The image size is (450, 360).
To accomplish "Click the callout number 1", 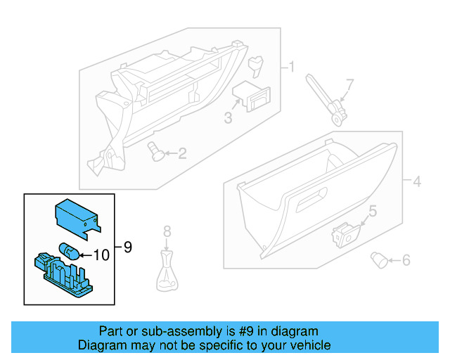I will [x=291, y=67].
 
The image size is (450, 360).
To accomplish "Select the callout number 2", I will [x=182, y=153].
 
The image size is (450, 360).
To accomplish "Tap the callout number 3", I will [x=228, y=118].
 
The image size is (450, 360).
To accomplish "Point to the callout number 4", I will [x=417, y=182].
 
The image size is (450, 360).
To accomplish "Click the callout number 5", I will [x=373, y=210].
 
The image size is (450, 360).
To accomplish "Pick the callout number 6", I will [x=406, y=261].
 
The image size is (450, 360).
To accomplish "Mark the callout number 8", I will [x=167, y=231].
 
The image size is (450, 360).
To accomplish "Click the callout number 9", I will [x=127, y=247].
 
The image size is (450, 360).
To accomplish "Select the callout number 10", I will [x=101, y=255].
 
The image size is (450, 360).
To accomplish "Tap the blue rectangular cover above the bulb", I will [x=76, y=214].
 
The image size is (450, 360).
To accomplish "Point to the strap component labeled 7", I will [x=324, y=99].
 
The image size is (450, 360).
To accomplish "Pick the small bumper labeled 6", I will [x=379, y=260].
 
